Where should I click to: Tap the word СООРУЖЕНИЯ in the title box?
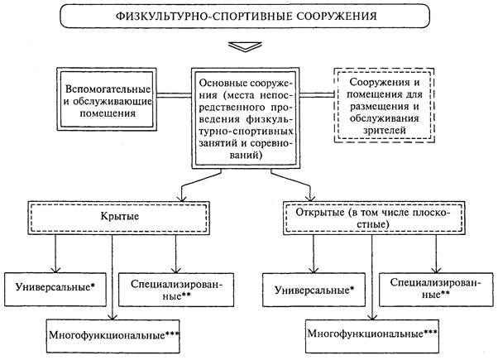338,17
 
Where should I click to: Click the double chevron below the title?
245,46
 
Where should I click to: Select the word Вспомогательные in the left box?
108,89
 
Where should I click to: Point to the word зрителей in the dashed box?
385,130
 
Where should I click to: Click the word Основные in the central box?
223,83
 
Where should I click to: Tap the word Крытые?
120,217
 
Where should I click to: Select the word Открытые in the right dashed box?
320,212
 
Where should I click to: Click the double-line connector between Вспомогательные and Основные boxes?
174,94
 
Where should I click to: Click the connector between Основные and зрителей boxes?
318,94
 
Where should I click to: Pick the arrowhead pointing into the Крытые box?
182,198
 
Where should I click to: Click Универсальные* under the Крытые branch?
55,287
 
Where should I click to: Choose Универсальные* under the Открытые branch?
314,290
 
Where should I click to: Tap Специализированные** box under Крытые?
176,290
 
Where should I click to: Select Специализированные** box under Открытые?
436,289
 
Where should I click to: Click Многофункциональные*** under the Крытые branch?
114,335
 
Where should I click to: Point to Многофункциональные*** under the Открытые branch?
372,334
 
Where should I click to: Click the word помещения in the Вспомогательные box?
108,113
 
